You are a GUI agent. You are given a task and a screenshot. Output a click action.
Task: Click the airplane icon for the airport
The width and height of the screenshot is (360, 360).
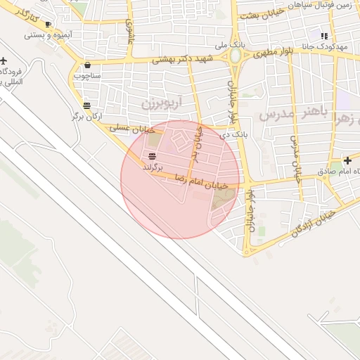tap(6, 60)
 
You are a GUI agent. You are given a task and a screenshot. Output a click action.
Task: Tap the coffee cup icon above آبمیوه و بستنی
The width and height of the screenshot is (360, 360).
tap(48, 25)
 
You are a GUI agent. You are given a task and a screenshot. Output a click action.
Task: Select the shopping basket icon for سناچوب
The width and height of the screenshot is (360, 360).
tap(86, 64)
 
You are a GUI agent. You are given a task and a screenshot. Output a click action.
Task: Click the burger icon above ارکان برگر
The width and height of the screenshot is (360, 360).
tap(86, 105)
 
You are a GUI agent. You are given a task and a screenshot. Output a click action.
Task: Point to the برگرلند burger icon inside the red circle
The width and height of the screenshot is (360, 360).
tap(153, 157)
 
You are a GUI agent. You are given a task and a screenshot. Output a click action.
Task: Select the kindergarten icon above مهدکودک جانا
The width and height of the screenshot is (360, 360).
tap(323, 35)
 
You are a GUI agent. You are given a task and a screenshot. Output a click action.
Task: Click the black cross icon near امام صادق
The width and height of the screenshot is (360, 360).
tap(348, 160)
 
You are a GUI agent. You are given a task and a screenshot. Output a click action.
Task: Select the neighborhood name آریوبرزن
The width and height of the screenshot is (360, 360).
tap(161, 103)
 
